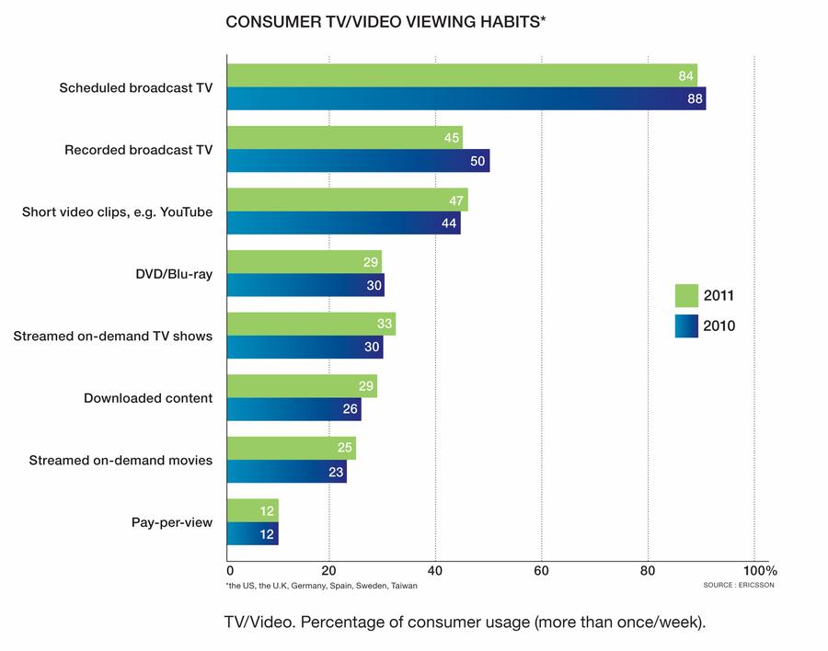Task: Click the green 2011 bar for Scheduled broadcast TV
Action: pos(462,75)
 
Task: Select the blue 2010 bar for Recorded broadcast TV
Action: pos(358,161)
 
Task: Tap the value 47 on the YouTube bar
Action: pos(456,200)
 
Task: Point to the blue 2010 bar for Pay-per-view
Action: pos(252,534)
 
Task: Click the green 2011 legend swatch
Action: pos(686,296)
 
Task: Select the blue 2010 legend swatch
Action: pos(686,326)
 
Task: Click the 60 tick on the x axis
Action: pos(541,571)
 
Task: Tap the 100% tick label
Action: pos(760,571)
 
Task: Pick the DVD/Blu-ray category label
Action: pos(174,274)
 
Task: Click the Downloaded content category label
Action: pos(148,398)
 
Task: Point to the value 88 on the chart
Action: pos(695,98)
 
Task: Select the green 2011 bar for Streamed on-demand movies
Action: pos(292,449)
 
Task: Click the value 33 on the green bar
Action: pos(385,323)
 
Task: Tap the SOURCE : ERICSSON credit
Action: pos(739,585)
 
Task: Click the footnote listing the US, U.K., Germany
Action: pos(322,586)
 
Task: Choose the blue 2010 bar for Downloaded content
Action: pos(294,409)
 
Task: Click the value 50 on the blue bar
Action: pos(477,161)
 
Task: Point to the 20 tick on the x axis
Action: pos(328,571)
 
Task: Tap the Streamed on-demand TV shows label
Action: pos(113,337)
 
